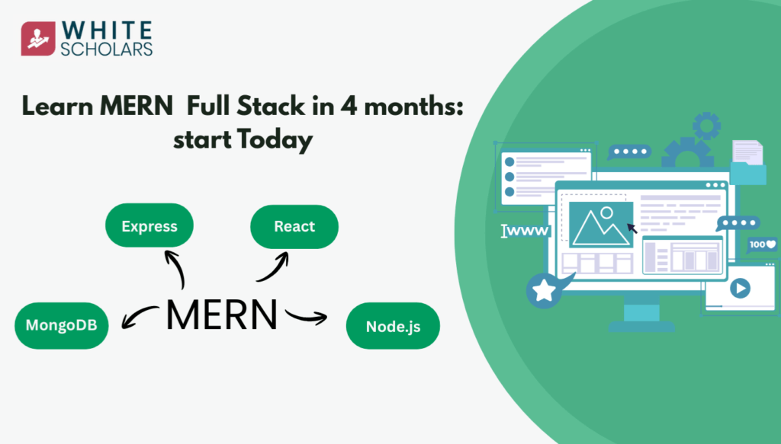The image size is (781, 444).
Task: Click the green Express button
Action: (x=149, y=225)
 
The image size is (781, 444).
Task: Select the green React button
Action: (x=294, y=225)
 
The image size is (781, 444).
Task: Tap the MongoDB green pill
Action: (x=62, y=325)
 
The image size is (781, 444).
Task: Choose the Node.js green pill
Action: (x=393, y=327)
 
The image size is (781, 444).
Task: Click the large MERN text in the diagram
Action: (x=222, y=315)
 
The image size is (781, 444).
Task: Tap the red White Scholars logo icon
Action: (x=37, y=39)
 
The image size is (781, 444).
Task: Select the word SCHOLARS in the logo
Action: (x=108, y=49)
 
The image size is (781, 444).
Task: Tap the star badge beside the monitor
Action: (x=544, y=291)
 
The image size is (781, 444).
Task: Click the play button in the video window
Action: (x=740, y=289)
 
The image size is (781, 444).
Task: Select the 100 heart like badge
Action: (x=761, y=244)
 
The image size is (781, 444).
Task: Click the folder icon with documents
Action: (x=747, y=163)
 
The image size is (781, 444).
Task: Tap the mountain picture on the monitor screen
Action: (x=601, y=224)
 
